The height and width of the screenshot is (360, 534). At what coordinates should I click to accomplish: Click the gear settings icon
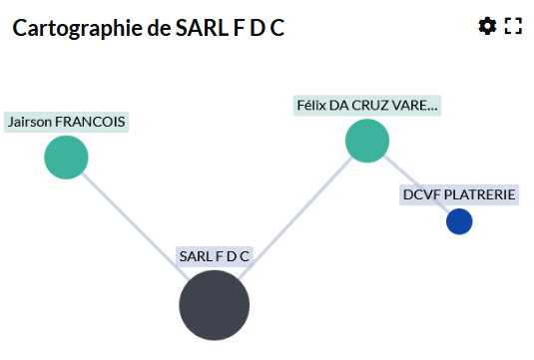487,26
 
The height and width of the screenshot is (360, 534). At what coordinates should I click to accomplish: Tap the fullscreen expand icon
513,26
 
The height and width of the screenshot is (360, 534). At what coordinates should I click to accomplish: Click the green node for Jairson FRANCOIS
66,158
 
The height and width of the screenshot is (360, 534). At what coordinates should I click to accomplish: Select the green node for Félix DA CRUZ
367,141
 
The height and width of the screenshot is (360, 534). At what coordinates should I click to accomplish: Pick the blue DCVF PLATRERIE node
459,221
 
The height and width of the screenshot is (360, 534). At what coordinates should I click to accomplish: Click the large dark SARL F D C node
215,305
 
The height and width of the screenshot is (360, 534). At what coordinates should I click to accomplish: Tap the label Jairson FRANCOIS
66,122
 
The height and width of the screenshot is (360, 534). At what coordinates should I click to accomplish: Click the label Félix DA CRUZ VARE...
367,106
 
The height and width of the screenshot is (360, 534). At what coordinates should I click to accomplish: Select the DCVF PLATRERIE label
459,195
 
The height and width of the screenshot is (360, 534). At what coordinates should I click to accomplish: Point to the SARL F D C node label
215,256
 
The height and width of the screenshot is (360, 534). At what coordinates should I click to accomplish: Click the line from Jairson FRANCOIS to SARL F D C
136,226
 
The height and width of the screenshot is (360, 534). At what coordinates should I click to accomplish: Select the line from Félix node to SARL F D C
295,218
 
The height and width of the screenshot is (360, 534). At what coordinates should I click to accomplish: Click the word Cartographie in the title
78,28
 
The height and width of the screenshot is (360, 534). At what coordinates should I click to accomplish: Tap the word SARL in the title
203,28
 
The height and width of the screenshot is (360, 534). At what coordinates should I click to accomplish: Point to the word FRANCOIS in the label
90,122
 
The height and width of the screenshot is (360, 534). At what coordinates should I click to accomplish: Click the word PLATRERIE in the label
480,195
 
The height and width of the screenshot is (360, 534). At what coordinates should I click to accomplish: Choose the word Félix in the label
311,106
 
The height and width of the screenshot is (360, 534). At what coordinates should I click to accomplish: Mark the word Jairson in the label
30,122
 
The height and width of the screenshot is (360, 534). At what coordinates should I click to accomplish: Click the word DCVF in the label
422,195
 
